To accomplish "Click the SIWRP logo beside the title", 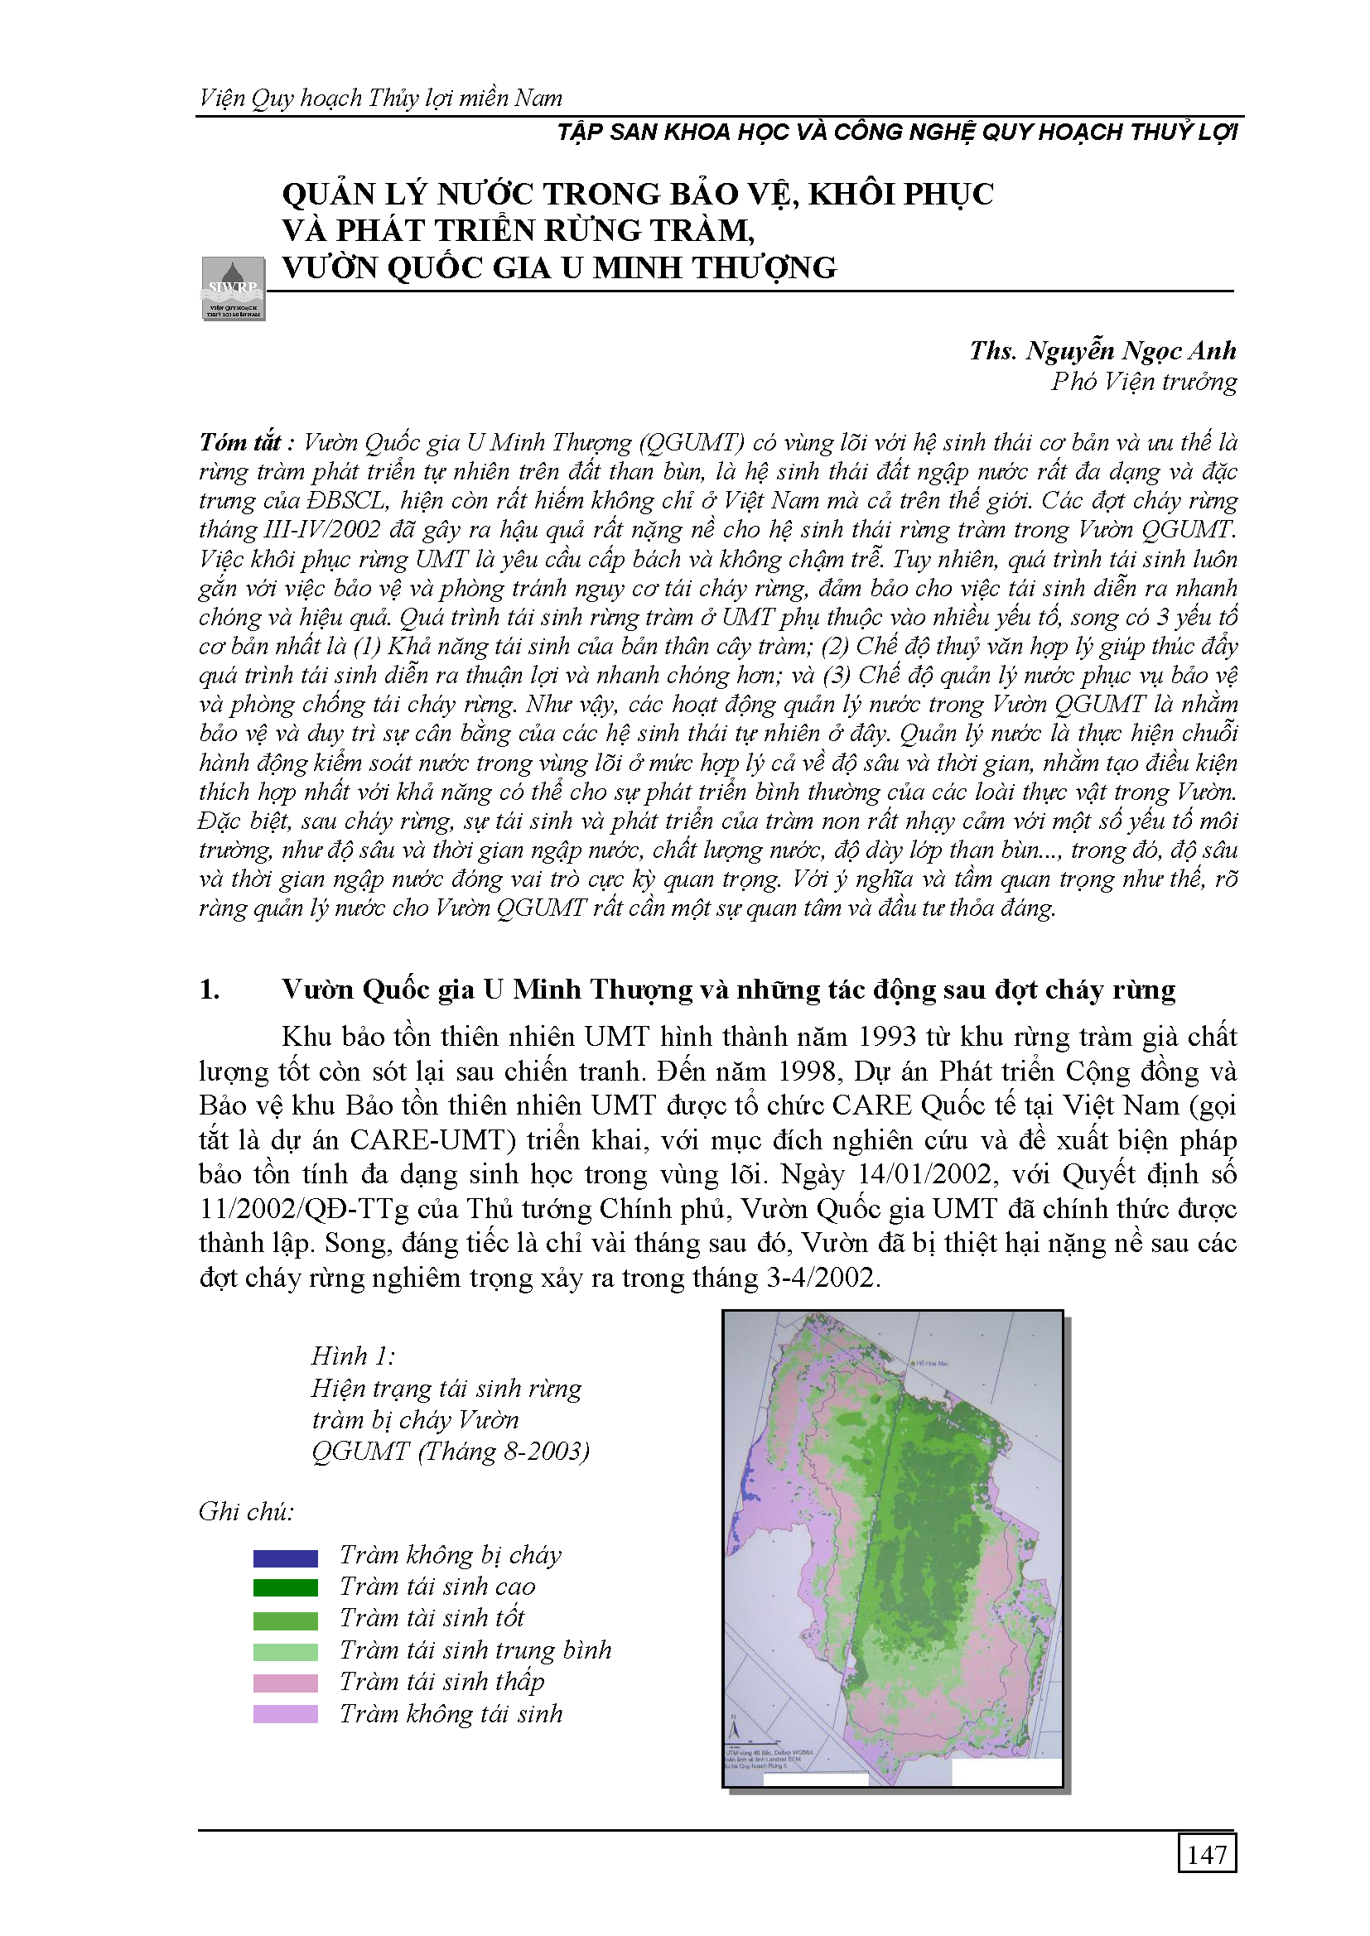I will (234, 288).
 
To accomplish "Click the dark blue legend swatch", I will (285, 1558).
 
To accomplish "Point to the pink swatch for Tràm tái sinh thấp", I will (285, 1684).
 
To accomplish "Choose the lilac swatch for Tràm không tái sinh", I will (285, 1715).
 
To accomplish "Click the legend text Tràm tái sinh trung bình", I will (475, 1650).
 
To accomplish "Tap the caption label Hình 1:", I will (353, 1356).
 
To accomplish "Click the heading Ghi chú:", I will (246, 1512).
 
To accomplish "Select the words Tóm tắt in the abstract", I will (239, 443).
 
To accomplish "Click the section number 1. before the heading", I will (210, 990).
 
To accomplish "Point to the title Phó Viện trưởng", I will (1144, 382).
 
